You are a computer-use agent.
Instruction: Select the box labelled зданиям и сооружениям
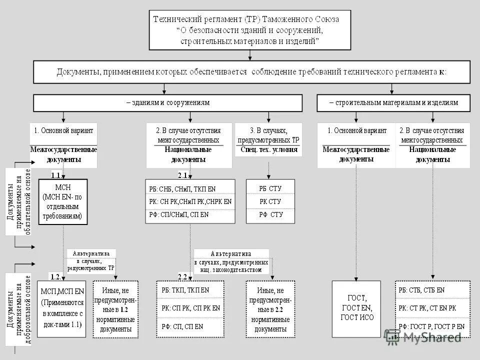168,102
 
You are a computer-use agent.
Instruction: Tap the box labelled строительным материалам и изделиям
393,102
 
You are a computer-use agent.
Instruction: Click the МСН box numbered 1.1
62,201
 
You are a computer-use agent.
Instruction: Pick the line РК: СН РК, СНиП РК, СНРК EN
190,201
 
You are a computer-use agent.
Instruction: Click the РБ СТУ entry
270,188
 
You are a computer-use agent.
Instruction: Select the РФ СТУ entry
270,214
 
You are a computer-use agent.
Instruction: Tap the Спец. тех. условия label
268,149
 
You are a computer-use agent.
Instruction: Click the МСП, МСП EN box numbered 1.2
62,307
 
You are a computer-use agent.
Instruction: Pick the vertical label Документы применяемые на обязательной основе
19,202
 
